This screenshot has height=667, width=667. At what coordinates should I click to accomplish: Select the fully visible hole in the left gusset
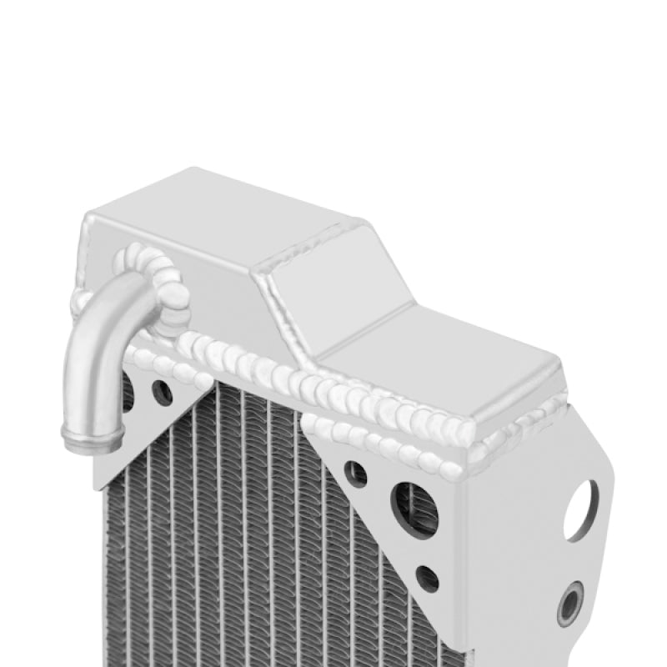162,392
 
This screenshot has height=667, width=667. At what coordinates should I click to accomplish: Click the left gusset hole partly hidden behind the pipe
128,391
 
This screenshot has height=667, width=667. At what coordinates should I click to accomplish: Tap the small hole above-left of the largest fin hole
356,474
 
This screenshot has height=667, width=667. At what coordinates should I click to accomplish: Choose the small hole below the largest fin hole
428,578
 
